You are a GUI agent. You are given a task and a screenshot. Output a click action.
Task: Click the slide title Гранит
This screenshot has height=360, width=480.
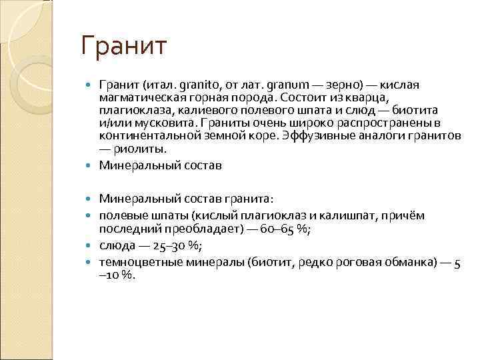(x=123, y=47)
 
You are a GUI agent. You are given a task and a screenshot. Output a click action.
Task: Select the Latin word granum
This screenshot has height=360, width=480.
(x=287, y=86)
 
